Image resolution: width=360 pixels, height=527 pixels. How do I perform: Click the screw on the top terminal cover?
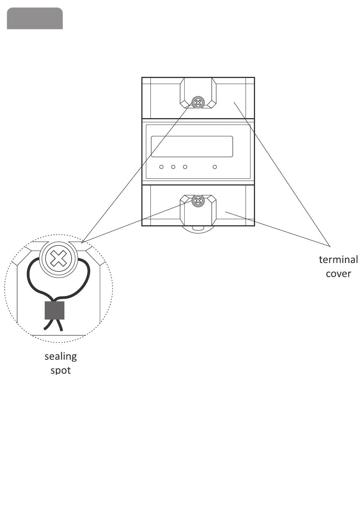coord(197,102)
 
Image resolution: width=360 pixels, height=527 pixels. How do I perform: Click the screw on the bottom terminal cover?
coord(197,201)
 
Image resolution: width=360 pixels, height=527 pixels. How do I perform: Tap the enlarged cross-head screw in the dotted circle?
coord(58,259)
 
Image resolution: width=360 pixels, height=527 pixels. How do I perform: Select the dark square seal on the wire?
coord(55,310)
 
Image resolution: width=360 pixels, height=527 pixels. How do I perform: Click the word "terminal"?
coord(338,260)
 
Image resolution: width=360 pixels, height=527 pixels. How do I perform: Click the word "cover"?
coord(338,274)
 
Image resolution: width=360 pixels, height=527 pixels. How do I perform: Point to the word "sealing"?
coord(61,357)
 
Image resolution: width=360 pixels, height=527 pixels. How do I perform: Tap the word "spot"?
coord(61,370)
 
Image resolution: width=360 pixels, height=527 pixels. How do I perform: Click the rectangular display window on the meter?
coord(192,147)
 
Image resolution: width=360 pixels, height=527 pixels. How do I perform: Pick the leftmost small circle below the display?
coord(161,167)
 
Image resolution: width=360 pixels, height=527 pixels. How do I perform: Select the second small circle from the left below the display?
coord(173,167)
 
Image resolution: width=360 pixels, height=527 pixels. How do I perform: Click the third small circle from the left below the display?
coord(185,167)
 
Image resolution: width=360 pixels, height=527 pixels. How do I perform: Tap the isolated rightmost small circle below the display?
coord(215,167)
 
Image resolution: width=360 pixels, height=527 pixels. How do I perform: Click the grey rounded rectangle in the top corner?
coord(35,18)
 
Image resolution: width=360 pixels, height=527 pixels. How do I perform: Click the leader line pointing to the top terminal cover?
coord(280,170)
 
